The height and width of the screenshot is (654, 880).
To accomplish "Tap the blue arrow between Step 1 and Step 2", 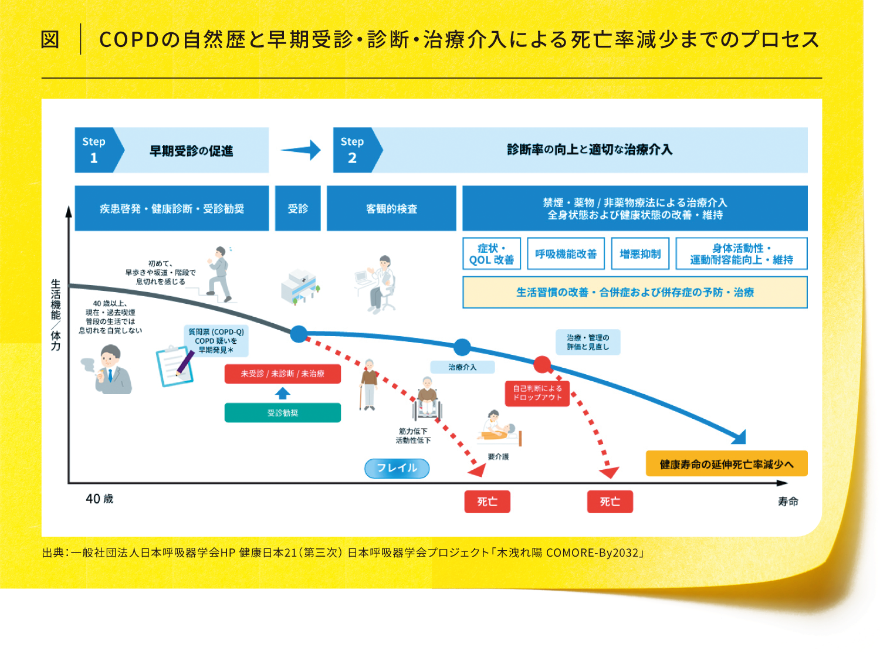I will [301, 150].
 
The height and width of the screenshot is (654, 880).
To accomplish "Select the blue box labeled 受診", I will [298, 208].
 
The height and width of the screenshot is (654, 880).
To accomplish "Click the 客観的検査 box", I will [391, 208].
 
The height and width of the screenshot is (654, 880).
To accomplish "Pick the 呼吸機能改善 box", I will [566, 253].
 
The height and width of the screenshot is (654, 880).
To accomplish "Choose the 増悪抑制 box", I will [640, 253].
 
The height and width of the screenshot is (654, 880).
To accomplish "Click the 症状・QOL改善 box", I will [492, 253].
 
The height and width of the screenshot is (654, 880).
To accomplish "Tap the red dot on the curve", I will [542, 364].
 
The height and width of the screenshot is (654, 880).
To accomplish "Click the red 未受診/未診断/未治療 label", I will [282, 374].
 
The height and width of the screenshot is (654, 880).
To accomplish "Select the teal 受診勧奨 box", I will [282, 413].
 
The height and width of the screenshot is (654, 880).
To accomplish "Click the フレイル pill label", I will [397, 468].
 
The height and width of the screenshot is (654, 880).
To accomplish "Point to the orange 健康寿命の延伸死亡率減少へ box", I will [726, 464].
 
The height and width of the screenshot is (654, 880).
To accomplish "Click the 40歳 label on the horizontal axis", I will [99, 499].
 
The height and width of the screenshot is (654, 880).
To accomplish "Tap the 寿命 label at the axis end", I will [788, 501].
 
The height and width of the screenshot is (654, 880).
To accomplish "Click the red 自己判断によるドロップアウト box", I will [537, 393].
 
